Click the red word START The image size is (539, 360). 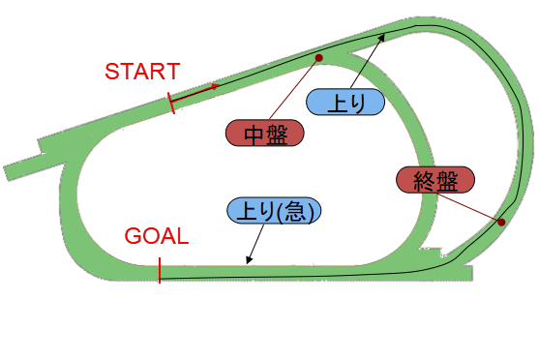142,71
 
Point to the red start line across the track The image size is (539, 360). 172,103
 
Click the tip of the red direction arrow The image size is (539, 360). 218,85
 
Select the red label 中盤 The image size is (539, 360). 262,133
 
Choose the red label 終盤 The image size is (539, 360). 435,180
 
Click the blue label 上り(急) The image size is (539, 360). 274,209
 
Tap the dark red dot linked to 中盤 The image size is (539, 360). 317,58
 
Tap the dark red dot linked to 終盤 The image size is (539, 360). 501,224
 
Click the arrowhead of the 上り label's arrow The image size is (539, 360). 383,35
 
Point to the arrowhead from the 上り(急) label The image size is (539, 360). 248,262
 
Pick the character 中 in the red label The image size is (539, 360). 251,133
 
